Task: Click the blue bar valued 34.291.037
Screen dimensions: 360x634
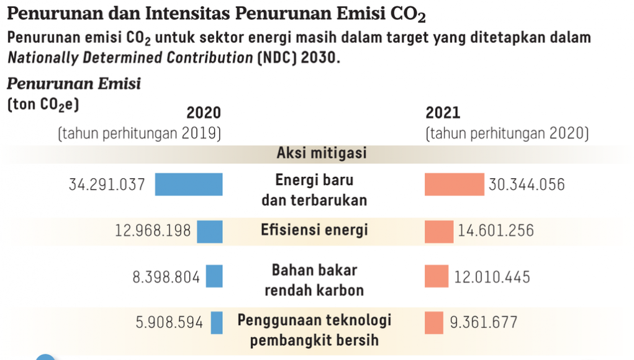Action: (188, 184)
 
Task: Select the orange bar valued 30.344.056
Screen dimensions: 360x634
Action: (454, 184)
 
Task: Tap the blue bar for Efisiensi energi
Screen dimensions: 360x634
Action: (209, 232)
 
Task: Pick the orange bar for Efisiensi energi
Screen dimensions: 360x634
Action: (439, 232)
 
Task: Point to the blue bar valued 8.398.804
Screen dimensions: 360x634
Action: (214, 276)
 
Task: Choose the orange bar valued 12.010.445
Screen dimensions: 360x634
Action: (436, 276)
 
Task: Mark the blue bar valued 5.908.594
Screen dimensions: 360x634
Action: (217, 323)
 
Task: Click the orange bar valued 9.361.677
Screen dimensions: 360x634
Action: (433, 323)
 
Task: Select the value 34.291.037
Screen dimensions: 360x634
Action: (107, 184)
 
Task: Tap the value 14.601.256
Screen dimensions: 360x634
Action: (496, 232)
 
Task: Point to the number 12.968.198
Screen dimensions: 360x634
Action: (153, 232)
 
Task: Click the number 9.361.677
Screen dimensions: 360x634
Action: (483, 323)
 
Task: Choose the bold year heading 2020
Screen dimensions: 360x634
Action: (204, 113)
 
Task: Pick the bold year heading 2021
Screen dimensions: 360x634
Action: (443, 113)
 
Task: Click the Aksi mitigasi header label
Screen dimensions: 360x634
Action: (322, 153)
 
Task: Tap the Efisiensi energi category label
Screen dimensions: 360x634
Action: (314, 230)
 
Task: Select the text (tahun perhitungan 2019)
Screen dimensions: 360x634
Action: (140, 133)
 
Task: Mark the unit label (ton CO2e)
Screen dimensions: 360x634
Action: (43, 105)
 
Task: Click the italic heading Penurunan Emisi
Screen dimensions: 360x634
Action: (74, 84)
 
